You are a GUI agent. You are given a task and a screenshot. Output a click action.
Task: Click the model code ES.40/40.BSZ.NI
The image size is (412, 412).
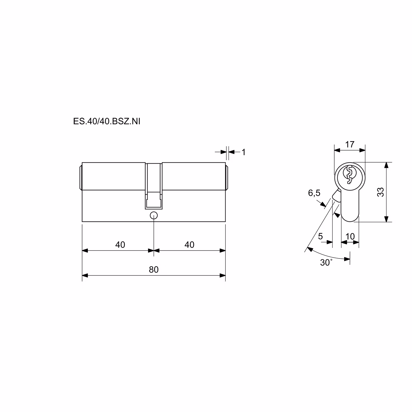pos(107,121)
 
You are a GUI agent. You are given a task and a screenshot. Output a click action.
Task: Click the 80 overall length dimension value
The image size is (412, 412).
pos(154,270)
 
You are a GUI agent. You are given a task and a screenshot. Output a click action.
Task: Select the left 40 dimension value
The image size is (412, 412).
pos(120,244)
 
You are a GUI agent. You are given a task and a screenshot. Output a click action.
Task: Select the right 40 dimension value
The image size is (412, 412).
pos(190,244)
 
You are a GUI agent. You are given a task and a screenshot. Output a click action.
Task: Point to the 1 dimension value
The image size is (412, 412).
pos(243,152)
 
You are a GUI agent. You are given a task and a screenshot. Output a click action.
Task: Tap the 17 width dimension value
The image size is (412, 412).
pos(350,144)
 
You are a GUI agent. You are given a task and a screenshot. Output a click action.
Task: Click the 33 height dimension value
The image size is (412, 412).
pos(380,192)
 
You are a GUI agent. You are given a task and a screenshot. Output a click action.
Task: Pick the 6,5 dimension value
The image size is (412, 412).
pos(314,193)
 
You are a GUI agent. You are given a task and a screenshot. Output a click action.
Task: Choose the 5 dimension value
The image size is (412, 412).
pos(320,236)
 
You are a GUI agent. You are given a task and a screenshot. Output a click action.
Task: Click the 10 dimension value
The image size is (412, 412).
pos(350,236)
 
